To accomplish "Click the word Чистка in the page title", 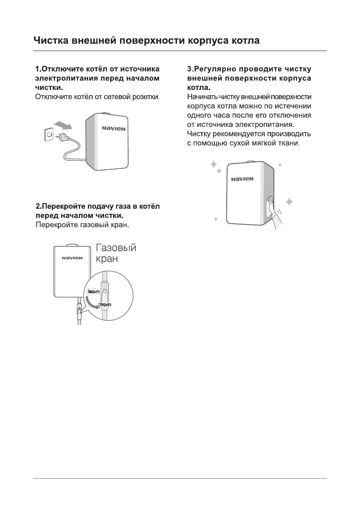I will pyautogui.click(x=51, y=42).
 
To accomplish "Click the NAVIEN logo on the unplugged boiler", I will pyautogui.click(x=114, y=129).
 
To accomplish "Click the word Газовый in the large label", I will pyautogui.click(x=116, y=248).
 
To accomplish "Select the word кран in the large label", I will pyautogui.click(x=107, y=260).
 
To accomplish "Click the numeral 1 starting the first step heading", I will pyautogui.click(x=37, y=69).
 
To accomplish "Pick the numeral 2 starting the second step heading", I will pyautogui.click(x=37, y=207).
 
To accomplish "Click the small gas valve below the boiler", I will pyautogui.click(x=79, y=310).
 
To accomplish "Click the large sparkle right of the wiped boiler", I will pyautogui.click(x=290, y=201).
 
